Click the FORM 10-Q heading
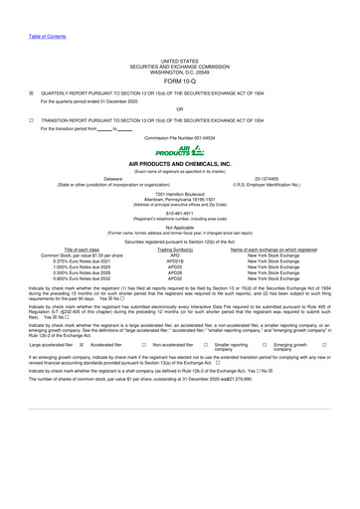coord(180,55)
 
